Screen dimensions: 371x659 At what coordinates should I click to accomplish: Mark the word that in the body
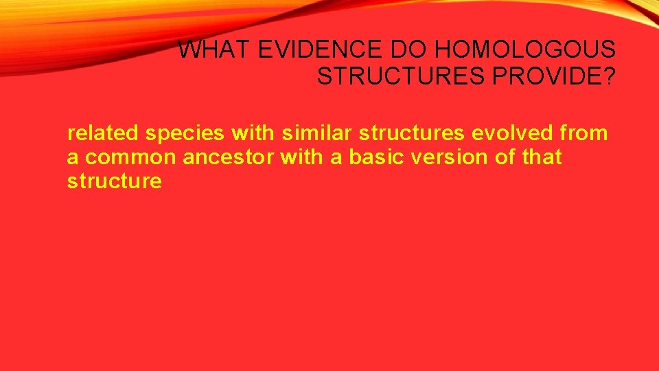542,157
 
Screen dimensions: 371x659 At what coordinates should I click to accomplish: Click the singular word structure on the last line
115,181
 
